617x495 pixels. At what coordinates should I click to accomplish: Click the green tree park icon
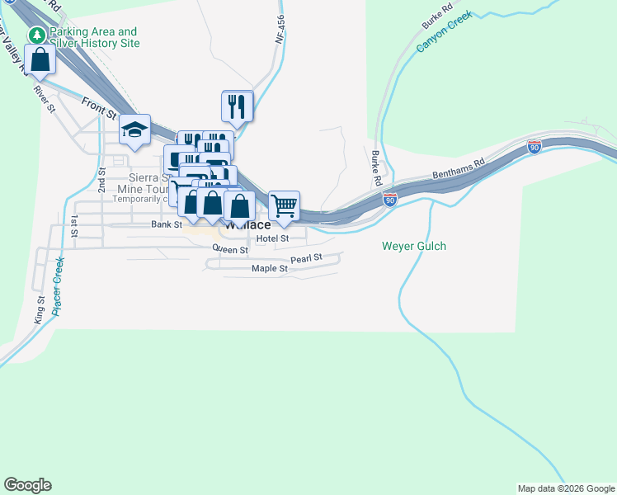[x=37, y=35]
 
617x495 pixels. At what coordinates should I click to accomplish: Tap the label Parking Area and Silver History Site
[x=93, y=37]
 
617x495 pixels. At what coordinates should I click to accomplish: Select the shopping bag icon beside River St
[x=40, y=60]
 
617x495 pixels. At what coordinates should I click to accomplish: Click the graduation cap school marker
[x=134, y=130]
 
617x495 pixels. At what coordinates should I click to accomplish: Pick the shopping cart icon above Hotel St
[x=284, y=205]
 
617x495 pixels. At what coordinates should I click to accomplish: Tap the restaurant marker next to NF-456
[x=238, y=106]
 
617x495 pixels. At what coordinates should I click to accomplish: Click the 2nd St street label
[x=102, y=180]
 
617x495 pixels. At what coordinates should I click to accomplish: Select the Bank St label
[x=166, y=224]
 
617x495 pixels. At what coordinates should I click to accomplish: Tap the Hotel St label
[x=271, y=238]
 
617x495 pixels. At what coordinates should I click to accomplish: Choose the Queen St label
[x=230, y=248]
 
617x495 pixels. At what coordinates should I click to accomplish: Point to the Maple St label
[x=270, y=269]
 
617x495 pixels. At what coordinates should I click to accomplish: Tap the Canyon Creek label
[x=444, y=31]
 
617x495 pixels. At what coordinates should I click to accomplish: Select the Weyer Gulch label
[x=414, y=246]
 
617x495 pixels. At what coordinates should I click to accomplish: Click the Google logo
[x=27, y=485]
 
